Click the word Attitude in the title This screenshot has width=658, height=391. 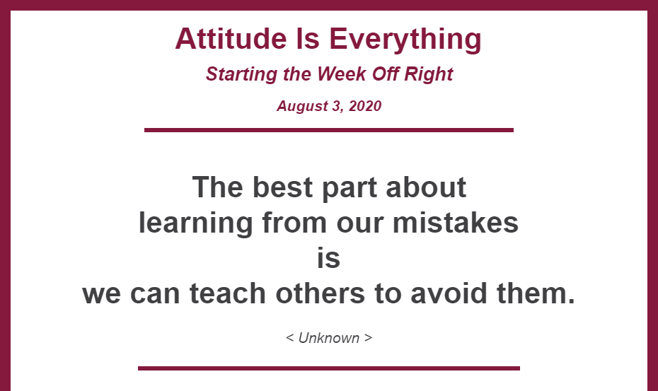point(231,39)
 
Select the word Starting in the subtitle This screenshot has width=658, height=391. point(241,75)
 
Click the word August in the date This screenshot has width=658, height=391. point(302,106)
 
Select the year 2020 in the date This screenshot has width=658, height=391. point(364,106)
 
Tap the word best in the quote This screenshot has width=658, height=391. point(282,187)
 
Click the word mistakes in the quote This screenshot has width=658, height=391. point(456,222)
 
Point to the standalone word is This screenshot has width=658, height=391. point(328,257)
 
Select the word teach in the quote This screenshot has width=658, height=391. point(227,293)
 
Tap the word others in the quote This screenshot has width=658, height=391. point(320,293)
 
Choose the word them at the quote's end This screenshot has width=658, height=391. point(536,293)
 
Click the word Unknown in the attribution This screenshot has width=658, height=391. point(328,338)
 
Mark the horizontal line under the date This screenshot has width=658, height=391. point(328,130)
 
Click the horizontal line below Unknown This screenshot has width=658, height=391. point(328,368)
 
